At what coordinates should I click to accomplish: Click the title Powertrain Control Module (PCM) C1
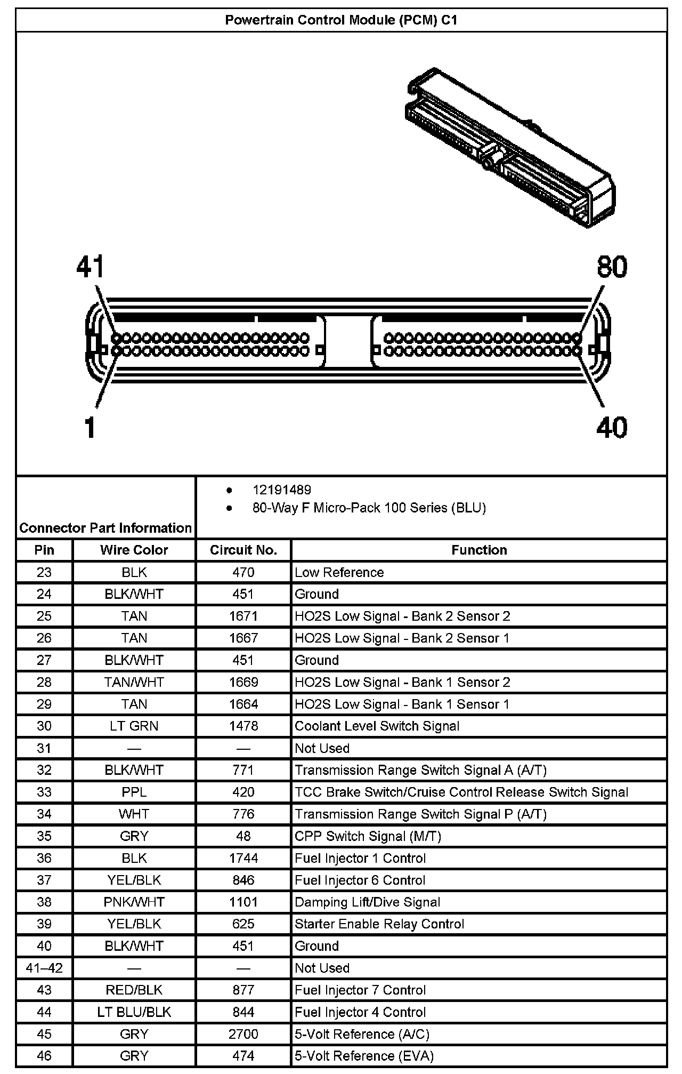point(341,20)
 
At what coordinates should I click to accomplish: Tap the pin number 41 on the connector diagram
point(91,267)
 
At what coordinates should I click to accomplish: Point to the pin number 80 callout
point(612,267)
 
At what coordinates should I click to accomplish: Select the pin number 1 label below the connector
point(90,427)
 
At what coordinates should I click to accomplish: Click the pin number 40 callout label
point(612,427)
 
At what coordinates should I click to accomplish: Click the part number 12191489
point(282,490)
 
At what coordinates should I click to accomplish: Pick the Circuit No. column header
point(243,550)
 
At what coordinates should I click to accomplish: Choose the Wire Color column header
point(134,550)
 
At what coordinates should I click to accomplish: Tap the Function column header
point(479,550)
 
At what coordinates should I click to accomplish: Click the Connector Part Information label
point(105,528)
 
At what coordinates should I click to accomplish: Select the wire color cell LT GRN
point(134,726)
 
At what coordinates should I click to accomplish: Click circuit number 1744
point(243,858)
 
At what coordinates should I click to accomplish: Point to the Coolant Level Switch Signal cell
point(377,726)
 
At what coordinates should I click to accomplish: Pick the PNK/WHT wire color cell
point(134,902)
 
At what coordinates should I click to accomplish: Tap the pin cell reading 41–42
point(44,968)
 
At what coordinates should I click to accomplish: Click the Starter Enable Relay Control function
point(379,924)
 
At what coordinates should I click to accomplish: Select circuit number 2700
point(243,1034)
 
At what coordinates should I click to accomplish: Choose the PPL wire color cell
point(134,792)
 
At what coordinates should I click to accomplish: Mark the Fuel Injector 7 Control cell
point(360,990)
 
